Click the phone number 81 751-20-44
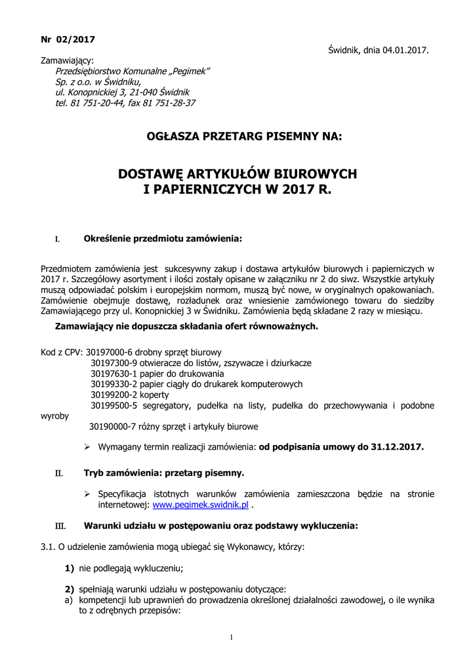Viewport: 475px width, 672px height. pos(97,103)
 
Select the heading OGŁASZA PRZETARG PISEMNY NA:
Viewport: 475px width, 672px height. pos(237,137)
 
